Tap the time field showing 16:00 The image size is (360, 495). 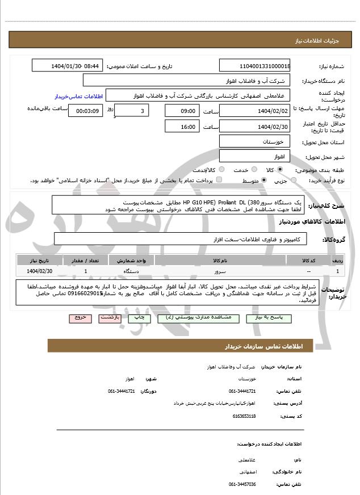pos(182,126)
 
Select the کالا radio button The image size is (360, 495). pos(280,170)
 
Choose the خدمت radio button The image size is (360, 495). pos(253,170)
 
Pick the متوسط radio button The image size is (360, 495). pos(264,181)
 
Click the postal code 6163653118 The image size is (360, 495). pos(244,416)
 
